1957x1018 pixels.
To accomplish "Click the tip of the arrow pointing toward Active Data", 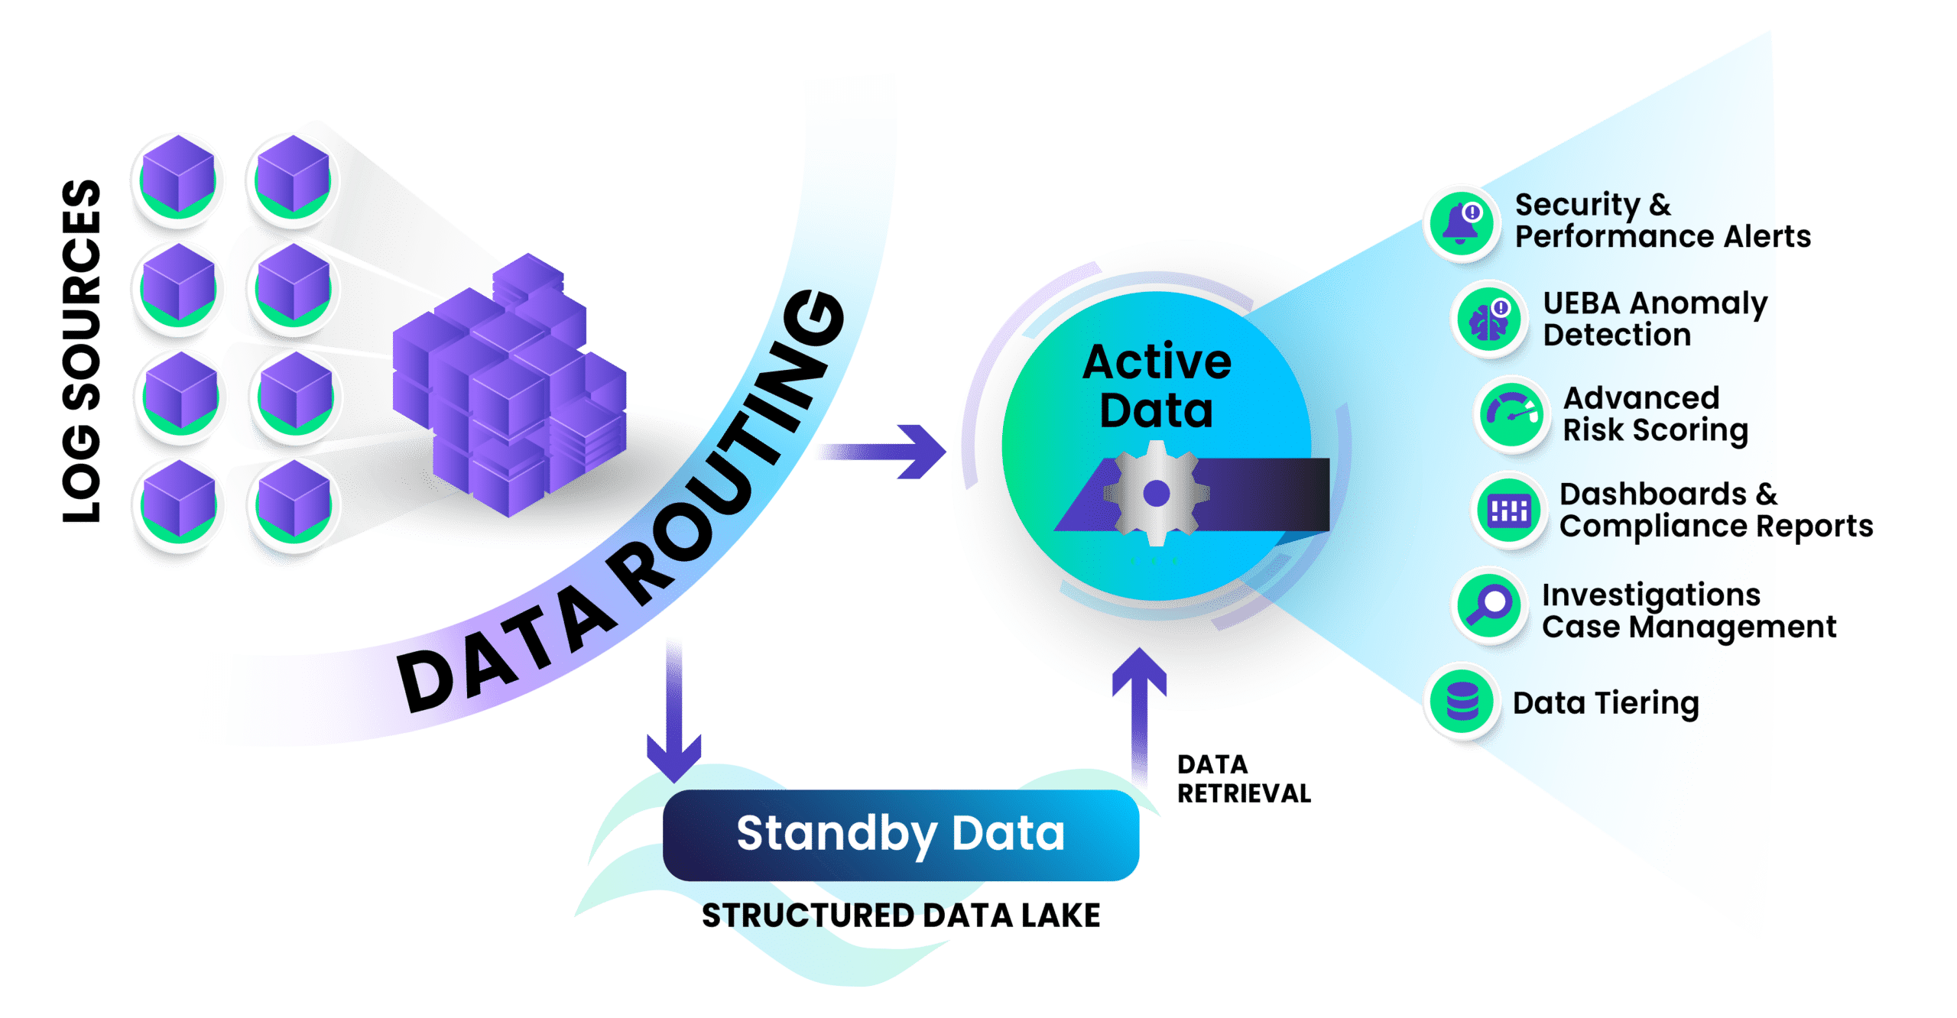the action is pyautogui.click(x=946, y=452).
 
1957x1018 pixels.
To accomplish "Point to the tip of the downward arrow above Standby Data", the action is pyautogui.click(x=673, y=782).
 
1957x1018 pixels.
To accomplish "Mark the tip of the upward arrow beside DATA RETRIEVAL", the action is pyautogui.click(x=1139, y=649).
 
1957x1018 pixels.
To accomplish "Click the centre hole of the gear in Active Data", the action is pyautogui.click(x=1156, y=494).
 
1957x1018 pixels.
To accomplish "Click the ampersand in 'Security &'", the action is pyautogui.click(x=1660, y=205).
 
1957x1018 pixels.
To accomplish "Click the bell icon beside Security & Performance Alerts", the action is pyautogui.click(x=1461, y=223).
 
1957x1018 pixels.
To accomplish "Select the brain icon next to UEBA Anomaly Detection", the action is pyautogui.click(x=1488, y=320).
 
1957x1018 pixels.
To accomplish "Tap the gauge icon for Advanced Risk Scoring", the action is pyautogui.click(x=1511, y=415).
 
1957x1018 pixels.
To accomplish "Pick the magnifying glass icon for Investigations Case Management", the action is pyautogui.click(x=1489, y=607).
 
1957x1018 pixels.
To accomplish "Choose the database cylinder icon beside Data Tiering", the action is pyautogui.click(x=1462, y=702).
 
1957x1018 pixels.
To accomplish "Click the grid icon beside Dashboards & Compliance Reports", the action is pyautogui.click(x=1508, y=511).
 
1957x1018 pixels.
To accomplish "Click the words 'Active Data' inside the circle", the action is pyautogui.click(x=1157, y=386).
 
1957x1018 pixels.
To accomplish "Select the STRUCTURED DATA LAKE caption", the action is pyautogui.click(x=901, y=916).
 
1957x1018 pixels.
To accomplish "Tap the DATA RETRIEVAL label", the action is pyautogui.click(x=1244, y=779).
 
